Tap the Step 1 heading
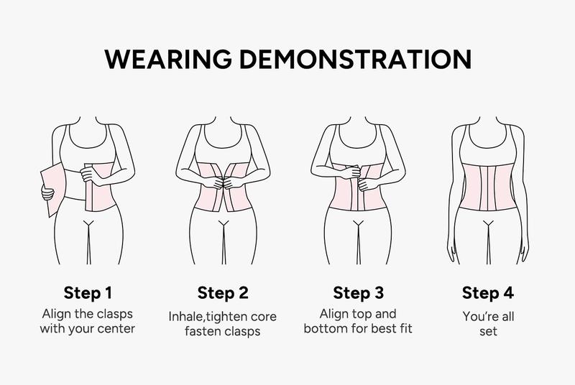pyautogui.click(x=88, y=293)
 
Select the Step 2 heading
pyautogui.click(x=223, y=293)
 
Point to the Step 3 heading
pyautogui.click(x=359, y=293)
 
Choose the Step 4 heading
pyautogui.click(x=488, y=293)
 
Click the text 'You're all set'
pyautogui.click(x=488, y=323)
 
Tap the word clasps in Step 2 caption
pyautogui.click(x=247, y=331)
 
